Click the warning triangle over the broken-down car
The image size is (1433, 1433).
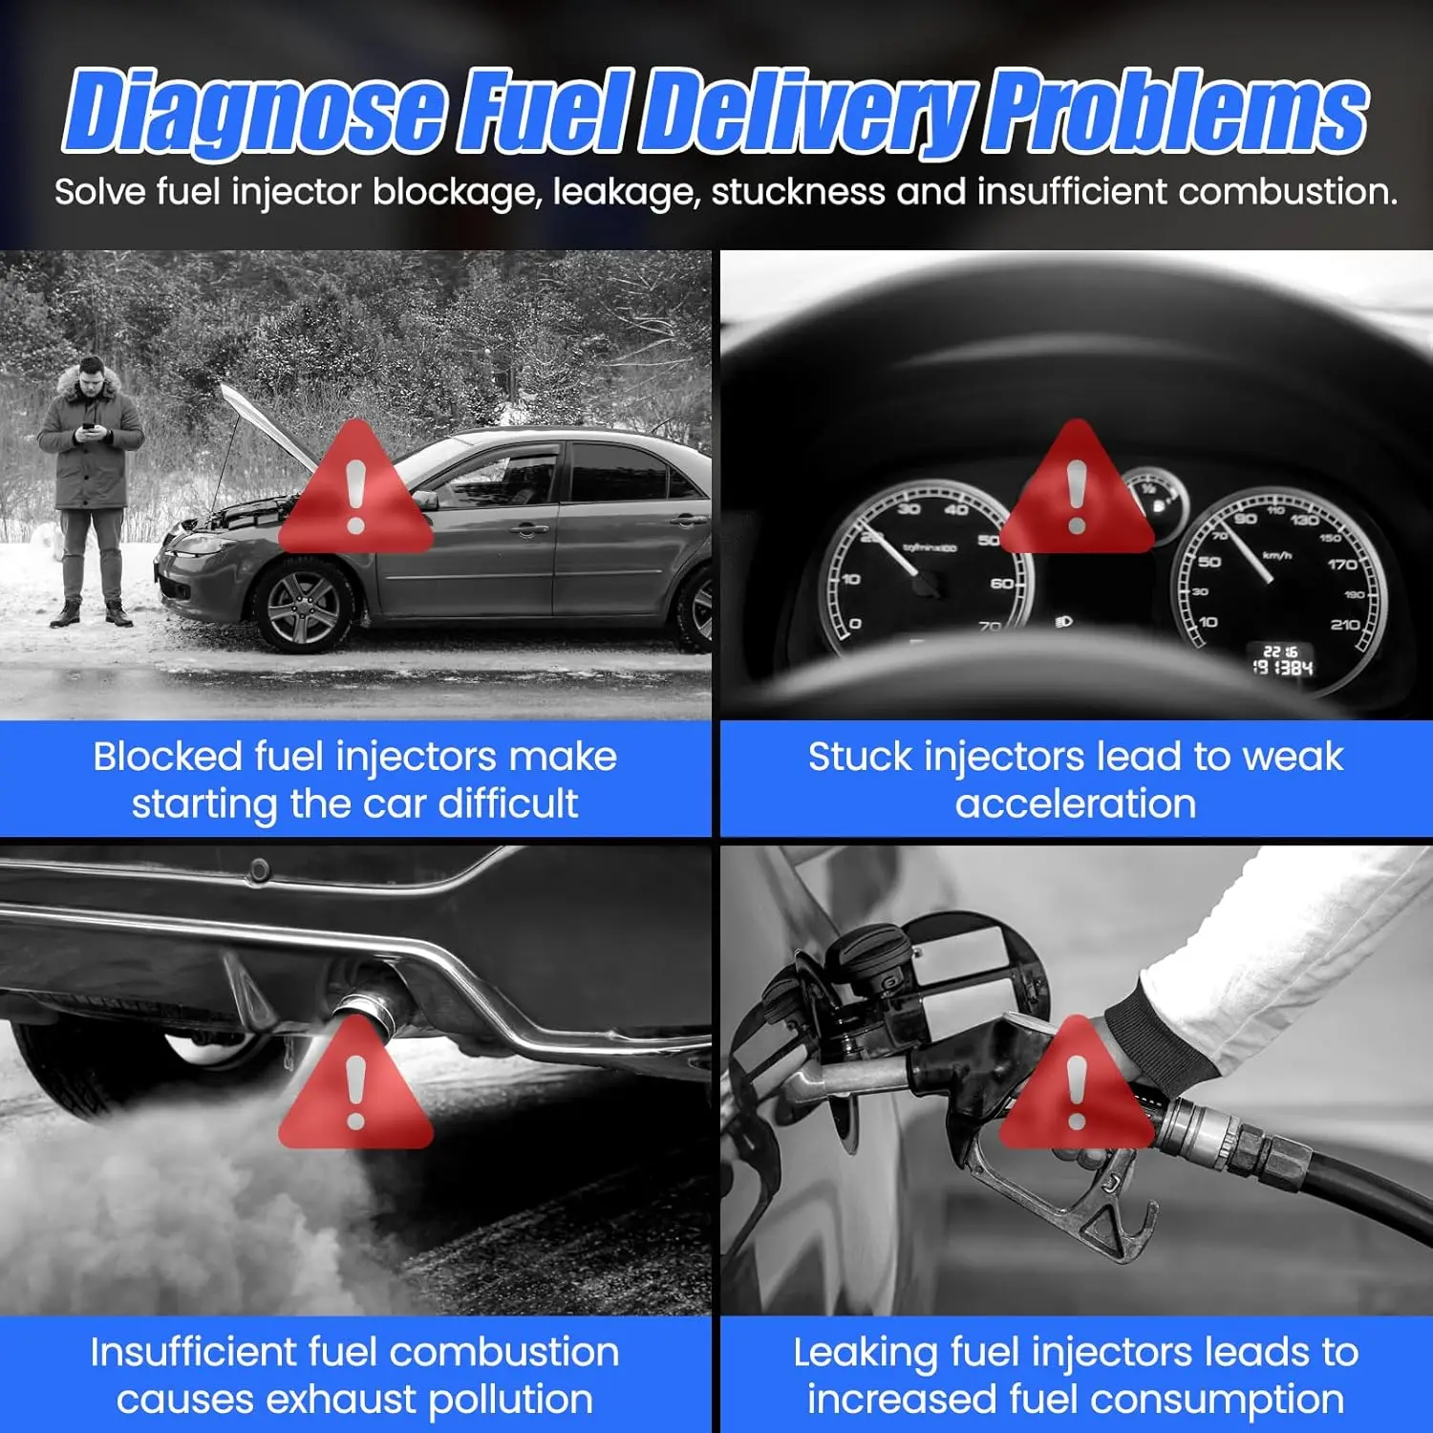356,487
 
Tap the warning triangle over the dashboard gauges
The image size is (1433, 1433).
1077,487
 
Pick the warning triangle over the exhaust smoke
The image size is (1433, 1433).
356,1082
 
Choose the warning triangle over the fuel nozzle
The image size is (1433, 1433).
1077,1082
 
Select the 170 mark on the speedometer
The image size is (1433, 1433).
1341,565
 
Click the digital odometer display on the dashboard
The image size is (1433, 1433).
1283,660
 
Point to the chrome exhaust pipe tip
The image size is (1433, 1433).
367,1010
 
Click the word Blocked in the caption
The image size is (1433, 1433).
167,757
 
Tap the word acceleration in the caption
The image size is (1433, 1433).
1076,804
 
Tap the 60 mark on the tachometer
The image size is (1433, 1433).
1001,584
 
